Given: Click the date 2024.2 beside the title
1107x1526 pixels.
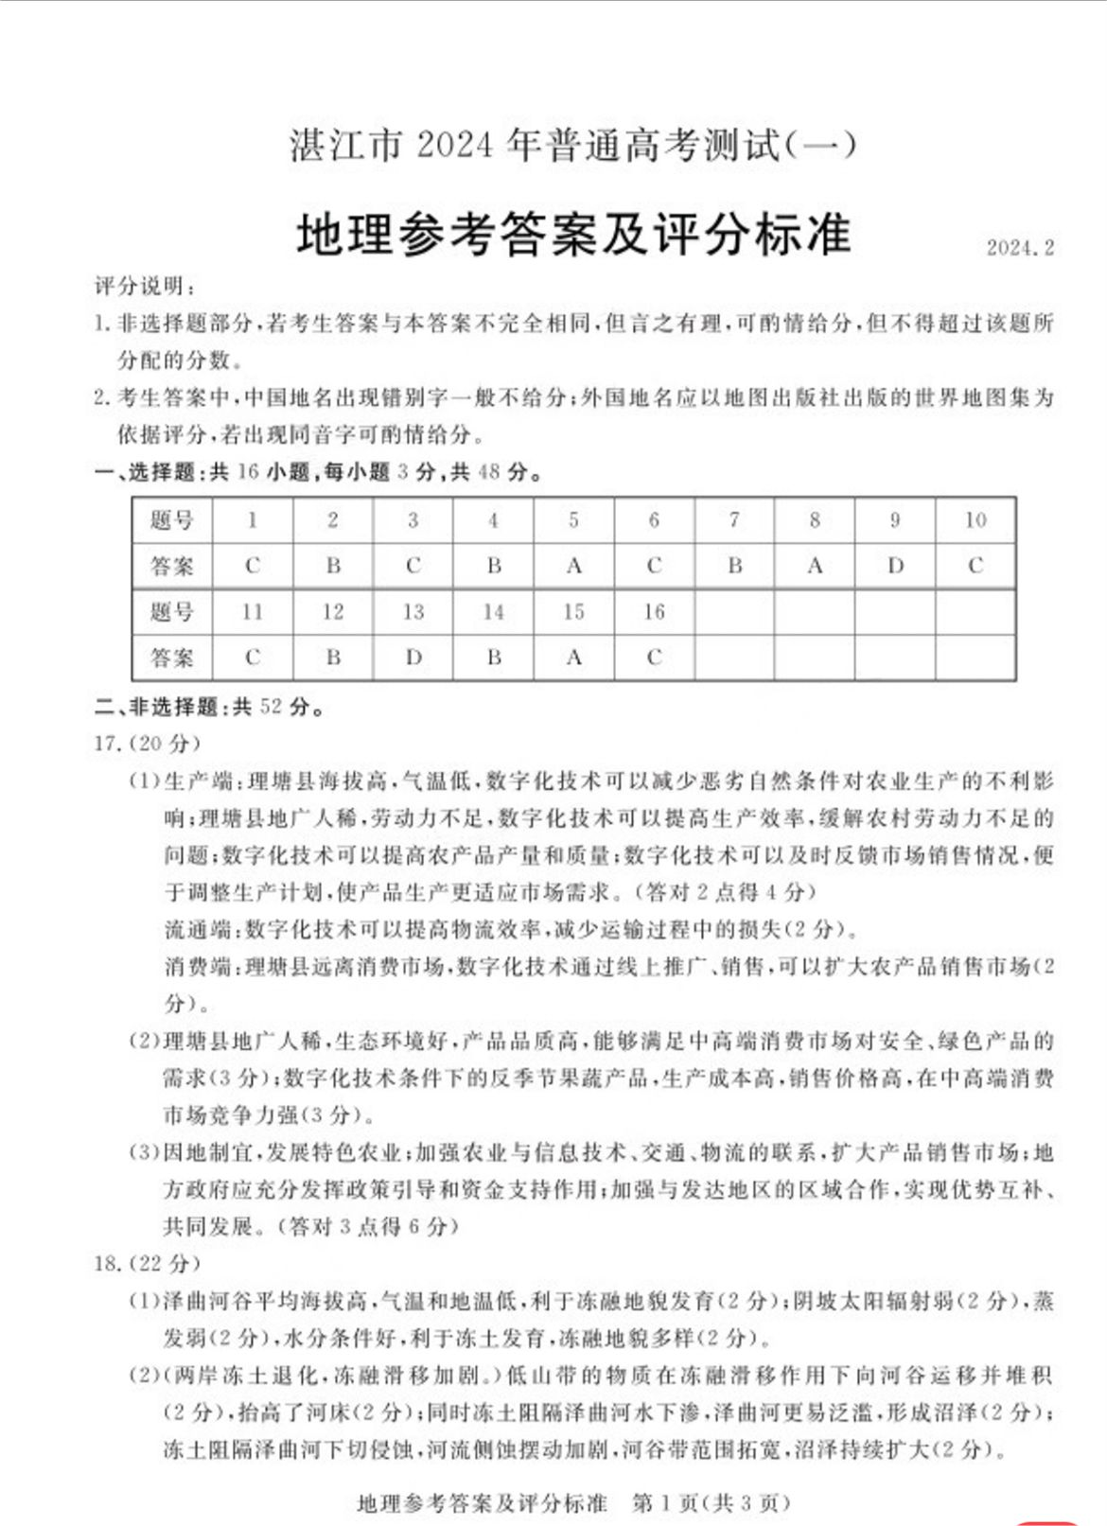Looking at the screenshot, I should pos(1019,248).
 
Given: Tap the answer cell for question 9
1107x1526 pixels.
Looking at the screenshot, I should pos(895,566).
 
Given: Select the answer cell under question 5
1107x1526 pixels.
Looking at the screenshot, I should pos(573,566).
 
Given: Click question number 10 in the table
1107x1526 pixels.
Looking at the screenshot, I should pos(975,519).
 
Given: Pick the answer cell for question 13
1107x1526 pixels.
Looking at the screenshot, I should pos(413,658).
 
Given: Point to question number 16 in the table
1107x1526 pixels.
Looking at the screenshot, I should pos(654,612).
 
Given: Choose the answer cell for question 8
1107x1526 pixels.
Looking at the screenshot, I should pos(815,566).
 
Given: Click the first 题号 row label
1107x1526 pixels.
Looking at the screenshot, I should pos(171,519).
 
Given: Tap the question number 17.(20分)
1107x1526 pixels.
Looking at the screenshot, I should pos(147,744).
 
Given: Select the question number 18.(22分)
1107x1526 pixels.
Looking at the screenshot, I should pos(147,1263).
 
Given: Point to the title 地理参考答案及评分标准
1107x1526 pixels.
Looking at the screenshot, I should pos(573,235).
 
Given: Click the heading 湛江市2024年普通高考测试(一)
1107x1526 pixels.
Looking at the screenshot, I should pos(573,147).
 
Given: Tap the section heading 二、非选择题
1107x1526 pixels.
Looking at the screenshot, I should pos(156,707).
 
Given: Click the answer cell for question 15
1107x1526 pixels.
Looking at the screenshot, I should pos(573,658).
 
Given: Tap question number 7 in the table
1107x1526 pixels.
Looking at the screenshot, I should pos(734,519).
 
